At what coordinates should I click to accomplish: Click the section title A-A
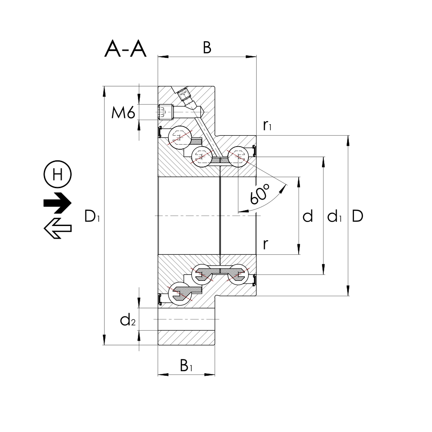click(x=126, y=49)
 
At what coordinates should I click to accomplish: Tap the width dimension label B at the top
click(x=207, y=48)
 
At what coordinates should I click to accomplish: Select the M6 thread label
click(x=123, y=112)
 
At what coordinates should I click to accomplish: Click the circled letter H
click(x=58, y=174)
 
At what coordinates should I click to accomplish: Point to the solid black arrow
click(x=58, y=203)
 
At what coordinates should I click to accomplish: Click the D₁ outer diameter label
click(x=92, y=216)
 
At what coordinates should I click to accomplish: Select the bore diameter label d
click(x=308, y=216)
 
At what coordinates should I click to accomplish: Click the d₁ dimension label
click(x=335, y=216)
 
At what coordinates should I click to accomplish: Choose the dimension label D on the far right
click(x=358, y=216)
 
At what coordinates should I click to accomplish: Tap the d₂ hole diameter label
click(x=128, y=321)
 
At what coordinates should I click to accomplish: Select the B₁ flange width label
click(x=186, y=365)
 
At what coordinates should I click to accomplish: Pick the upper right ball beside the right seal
click(x=238, y=156)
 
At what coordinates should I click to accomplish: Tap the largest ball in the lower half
click(x=180, y=293)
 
